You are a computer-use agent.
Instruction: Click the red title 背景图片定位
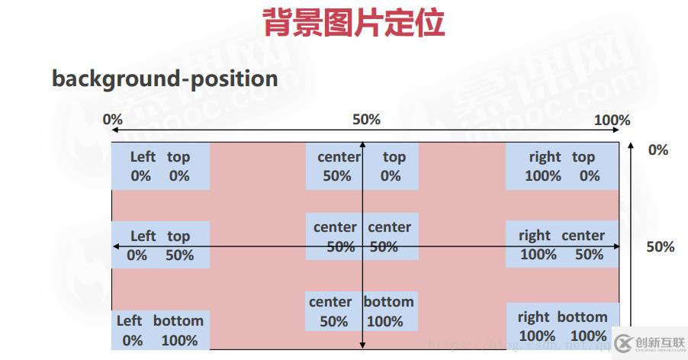pos(353,23)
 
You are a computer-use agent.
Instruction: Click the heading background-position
pos(165,78)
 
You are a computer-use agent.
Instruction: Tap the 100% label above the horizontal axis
pos(612,120)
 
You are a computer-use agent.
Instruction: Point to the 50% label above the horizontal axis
pos(366,120)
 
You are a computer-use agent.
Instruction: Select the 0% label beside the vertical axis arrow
pos(658,149)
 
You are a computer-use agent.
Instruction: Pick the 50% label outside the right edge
pos(661,246)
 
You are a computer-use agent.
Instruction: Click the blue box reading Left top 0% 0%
pos(160,166)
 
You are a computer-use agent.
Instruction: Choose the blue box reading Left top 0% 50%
pos(160,246)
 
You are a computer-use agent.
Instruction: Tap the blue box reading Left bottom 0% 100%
pos(160,330)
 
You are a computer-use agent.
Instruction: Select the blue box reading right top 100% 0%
pos(562,166)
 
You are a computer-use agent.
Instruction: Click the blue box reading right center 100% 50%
pos(562,245)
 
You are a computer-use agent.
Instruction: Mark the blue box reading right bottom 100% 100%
pos(563,326)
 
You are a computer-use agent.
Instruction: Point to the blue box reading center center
pos(362,237)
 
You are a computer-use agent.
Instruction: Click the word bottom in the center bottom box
pos(388,301)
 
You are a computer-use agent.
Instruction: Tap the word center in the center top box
pos(339,157)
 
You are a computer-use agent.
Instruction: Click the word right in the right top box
pos(545,157)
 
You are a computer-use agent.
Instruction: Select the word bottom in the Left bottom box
pos(178,320)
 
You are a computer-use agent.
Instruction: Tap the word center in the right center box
pos(583,236)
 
